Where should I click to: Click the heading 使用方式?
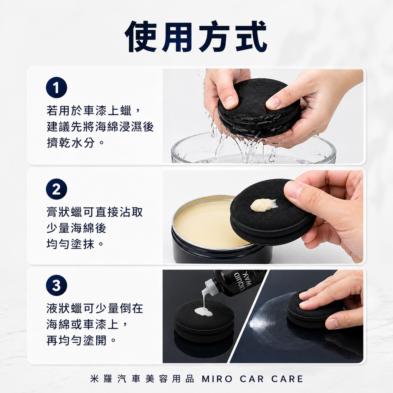(196, 36)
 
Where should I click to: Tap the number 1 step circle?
(56, 88)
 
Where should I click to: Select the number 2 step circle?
(56, 189)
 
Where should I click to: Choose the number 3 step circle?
(56, 286)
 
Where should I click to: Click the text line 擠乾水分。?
(76, 143)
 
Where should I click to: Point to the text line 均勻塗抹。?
(76, 244)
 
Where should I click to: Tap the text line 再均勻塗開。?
(81, 340)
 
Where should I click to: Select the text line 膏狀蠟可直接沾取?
(94, 212)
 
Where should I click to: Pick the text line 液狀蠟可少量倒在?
(94, 309)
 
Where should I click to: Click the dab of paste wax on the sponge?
(263, 205)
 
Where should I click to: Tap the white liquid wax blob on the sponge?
(203, 312)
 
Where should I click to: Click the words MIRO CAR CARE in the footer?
(252, 379)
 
